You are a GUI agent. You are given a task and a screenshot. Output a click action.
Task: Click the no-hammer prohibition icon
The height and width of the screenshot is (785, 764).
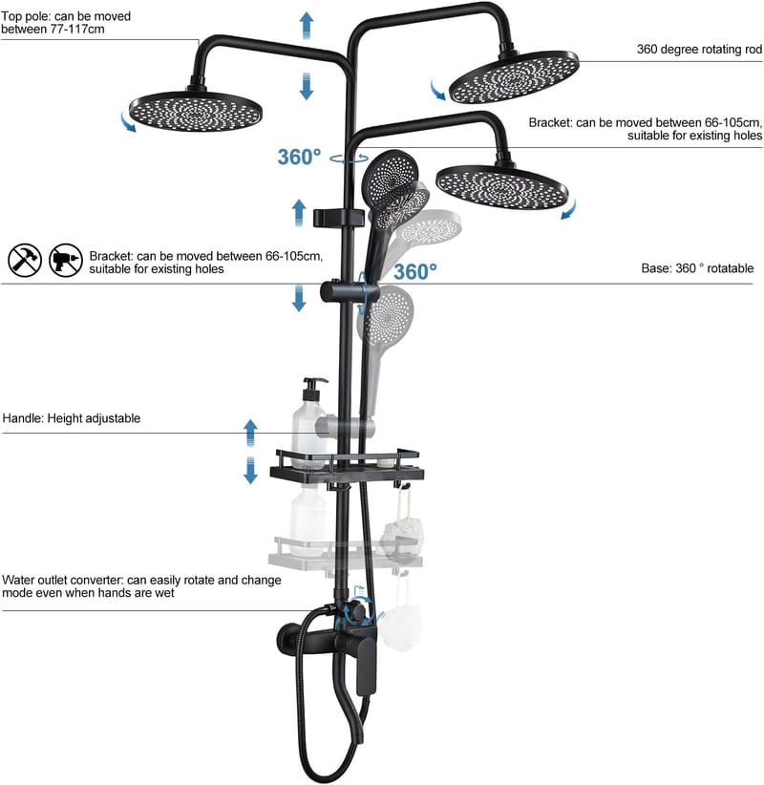point(25,261)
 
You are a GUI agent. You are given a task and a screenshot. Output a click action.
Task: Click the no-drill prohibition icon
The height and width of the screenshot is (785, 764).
point(66,261)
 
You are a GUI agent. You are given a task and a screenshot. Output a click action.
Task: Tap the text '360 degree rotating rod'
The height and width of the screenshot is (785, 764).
point(699,49)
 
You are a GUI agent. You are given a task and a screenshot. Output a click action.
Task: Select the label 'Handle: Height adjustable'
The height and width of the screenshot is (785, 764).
point(71,418)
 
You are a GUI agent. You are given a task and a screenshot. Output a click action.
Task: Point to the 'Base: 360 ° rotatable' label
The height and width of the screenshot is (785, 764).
point(697,268)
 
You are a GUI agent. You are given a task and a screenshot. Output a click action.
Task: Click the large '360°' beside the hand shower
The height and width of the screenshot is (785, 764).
point(415,272)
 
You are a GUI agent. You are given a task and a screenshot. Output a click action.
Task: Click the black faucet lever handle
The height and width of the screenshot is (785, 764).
point(366,665)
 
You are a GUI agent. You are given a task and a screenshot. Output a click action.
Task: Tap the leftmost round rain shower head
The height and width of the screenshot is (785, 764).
point(196,111)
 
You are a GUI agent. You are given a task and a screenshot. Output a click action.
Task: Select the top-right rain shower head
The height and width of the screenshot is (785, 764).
point(514,76)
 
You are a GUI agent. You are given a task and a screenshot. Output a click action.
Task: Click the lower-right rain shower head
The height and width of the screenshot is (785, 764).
point(502,187)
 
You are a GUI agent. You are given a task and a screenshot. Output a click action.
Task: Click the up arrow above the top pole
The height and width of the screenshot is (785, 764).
point(307,25)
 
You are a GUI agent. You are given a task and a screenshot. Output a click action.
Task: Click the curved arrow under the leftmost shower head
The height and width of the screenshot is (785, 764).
point(128,122)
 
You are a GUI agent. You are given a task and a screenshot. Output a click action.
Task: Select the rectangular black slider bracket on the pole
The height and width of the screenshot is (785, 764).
point(338,218)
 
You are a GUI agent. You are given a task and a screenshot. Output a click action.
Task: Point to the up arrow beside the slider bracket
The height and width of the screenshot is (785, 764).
point(299,213)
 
